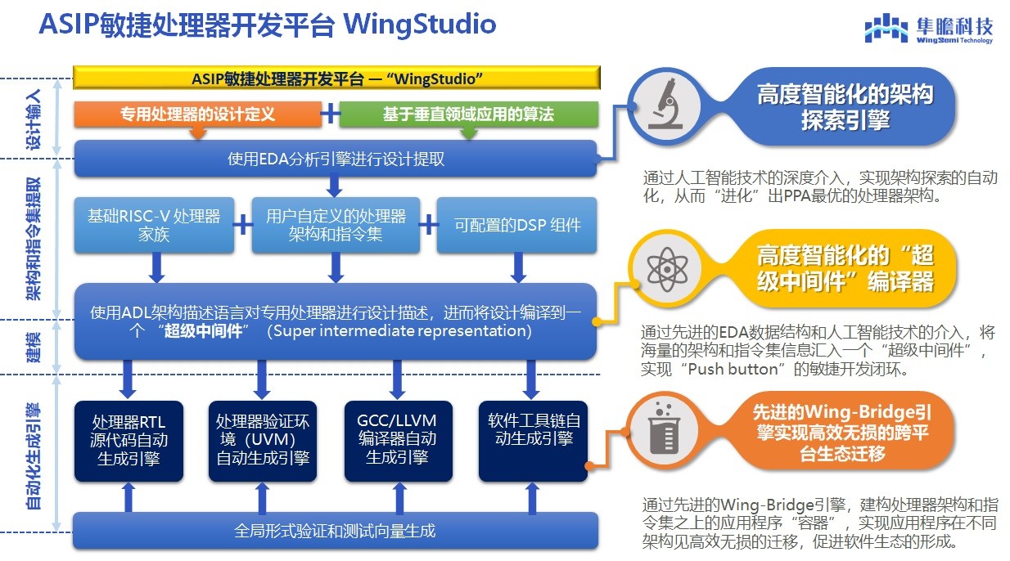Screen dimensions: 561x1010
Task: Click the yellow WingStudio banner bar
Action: (336, 79)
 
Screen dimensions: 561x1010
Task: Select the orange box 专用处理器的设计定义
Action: (197, 114)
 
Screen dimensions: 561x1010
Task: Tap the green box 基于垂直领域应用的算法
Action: (468, 114)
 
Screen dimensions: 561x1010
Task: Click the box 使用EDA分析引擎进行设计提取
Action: (336, 159)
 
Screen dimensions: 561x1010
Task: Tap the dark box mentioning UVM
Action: (263, 439)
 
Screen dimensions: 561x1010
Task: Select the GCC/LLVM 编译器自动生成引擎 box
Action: (397, 439)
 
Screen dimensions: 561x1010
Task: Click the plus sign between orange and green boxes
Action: (330, 114)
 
